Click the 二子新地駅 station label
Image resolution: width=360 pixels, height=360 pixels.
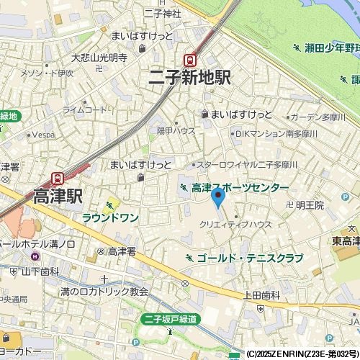click(x=189, y=78)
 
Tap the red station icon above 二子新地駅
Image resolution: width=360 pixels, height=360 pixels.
click(x=190, y=60)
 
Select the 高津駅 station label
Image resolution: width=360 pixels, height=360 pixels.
click(x=58, y=196)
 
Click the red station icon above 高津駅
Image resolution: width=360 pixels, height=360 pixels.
click(x=58, y=178)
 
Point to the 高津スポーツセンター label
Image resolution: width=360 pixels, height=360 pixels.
click(x=240, y=188)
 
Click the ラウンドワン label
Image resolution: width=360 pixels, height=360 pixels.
click(x=110, y=217)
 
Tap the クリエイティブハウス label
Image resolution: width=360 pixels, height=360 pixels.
click(x=235, y=224)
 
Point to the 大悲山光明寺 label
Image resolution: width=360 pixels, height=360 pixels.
click(x=99, y=58)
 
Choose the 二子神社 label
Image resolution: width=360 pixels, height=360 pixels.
click(x=162, y=13)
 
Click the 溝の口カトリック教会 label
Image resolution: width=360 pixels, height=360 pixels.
click(x=104, y=292)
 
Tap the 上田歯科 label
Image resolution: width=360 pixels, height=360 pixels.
click(x=261, y=294)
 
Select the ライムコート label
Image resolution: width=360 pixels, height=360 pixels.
click(x=84, y=109)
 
